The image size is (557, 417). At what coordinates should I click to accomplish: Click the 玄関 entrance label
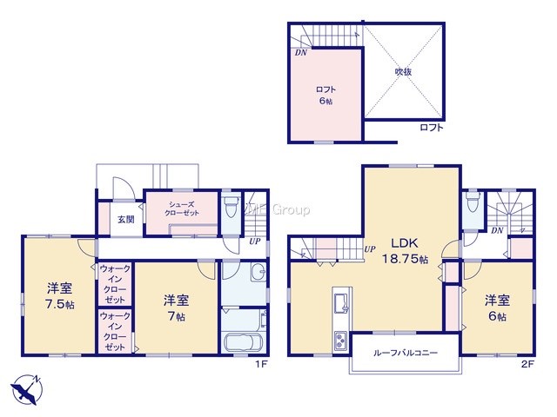126,220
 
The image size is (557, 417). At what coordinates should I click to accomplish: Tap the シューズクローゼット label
182,208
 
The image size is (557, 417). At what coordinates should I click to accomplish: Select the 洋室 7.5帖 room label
60,296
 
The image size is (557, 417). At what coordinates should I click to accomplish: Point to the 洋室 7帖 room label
176,308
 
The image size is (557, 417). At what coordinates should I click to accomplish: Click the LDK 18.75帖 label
405,251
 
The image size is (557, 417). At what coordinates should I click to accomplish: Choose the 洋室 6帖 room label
497,308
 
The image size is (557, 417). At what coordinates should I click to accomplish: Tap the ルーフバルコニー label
406,353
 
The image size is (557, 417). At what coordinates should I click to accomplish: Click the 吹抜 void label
404,71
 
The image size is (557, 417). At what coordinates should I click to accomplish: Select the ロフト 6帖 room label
325,95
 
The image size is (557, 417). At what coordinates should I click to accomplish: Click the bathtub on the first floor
244,342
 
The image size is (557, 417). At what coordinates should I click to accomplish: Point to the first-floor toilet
232,205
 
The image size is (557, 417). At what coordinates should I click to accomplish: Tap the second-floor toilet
472,202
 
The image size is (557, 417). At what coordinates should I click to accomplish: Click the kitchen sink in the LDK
342,303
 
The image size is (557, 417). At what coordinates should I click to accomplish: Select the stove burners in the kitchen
341,340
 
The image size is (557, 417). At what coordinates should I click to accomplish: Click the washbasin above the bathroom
258,272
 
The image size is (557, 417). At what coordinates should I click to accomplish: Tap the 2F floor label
527,364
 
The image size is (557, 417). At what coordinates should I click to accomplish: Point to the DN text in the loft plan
301,54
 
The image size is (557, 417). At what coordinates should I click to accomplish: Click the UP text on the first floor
255,242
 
